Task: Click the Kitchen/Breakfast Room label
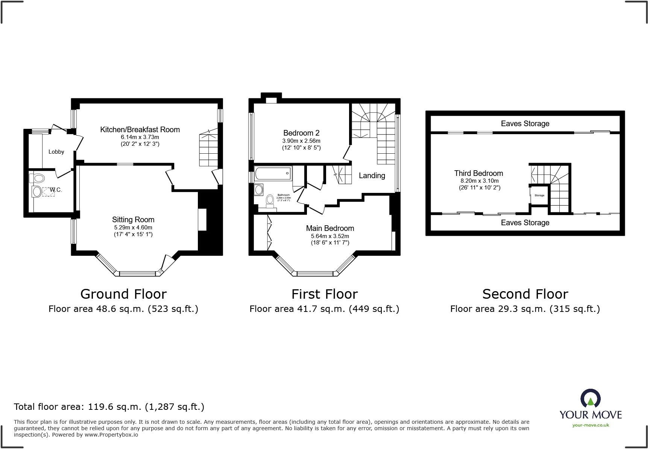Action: point(140,130)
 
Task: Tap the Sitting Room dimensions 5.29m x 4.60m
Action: point(133,228)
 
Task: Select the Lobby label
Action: point(56,152)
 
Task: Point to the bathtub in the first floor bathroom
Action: point(273,173)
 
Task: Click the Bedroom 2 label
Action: point(301,133)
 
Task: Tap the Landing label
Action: point(372,176)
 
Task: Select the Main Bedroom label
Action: point(330,228)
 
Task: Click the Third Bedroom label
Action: point(478,173)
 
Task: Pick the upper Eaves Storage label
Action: point(525,124)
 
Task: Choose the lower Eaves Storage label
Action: point(525,223)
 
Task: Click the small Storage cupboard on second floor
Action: point(539,195)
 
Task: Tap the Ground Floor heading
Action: point(123,294)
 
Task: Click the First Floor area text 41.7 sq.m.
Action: point(324,309)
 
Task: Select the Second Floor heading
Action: point(525,294)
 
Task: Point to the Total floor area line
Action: point(109,407)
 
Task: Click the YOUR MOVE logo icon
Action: point(590,399)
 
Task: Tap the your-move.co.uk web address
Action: point(591,425)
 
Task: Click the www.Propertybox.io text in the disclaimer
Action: point(111,435)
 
